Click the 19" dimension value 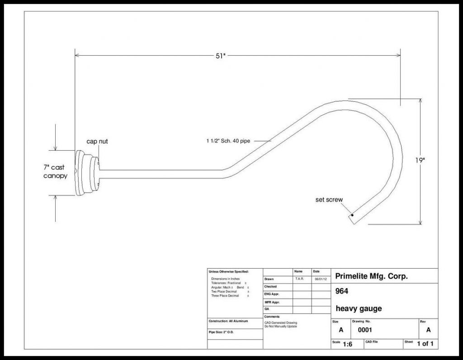420,160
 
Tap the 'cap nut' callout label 97,142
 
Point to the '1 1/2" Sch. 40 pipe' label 228,141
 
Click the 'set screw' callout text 329,199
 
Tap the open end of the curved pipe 352,219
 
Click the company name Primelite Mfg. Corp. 372,276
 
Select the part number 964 342,291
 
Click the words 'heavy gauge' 359,308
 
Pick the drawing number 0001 365,330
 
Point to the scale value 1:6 347,344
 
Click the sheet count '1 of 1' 425,344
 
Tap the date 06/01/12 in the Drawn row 321,279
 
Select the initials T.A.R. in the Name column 299,279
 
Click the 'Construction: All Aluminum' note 228,321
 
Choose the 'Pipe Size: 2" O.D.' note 221,332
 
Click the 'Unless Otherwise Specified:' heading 229,271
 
